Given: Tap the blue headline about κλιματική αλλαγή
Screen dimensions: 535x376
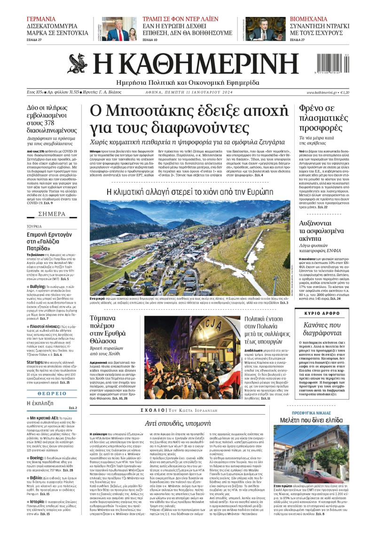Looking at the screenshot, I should (190, 192).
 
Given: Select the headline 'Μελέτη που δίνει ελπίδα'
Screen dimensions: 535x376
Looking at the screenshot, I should (312, 420).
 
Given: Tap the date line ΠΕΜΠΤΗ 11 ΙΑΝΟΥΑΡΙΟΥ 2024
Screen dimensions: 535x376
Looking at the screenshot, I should (217, 93).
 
